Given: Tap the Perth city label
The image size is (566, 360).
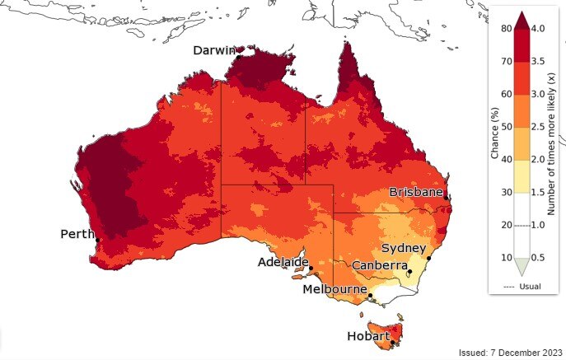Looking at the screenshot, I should pos(77,235).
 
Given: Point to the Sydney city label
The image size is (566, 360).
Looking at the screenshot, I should pos(403,249).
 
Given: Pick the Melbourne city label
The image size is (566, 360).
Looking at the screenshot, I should pos(334,290).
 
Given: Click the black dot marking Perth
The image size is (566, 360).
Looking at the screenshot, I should pos(97,241).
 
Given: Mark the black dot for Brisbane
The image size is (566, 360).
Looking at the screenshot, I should pos(446,198).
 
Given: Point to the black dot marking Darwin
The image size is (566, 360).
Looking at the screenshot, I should pos(237,57).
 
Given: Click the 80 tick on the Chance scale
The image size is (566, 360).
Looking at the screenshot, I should pos(504,28).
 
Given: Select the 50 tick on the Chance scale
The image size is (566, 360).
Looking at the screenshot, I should pos(504,126).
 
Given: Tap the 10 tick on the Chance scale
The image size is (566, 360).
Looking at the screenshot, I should pos(504,258).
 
